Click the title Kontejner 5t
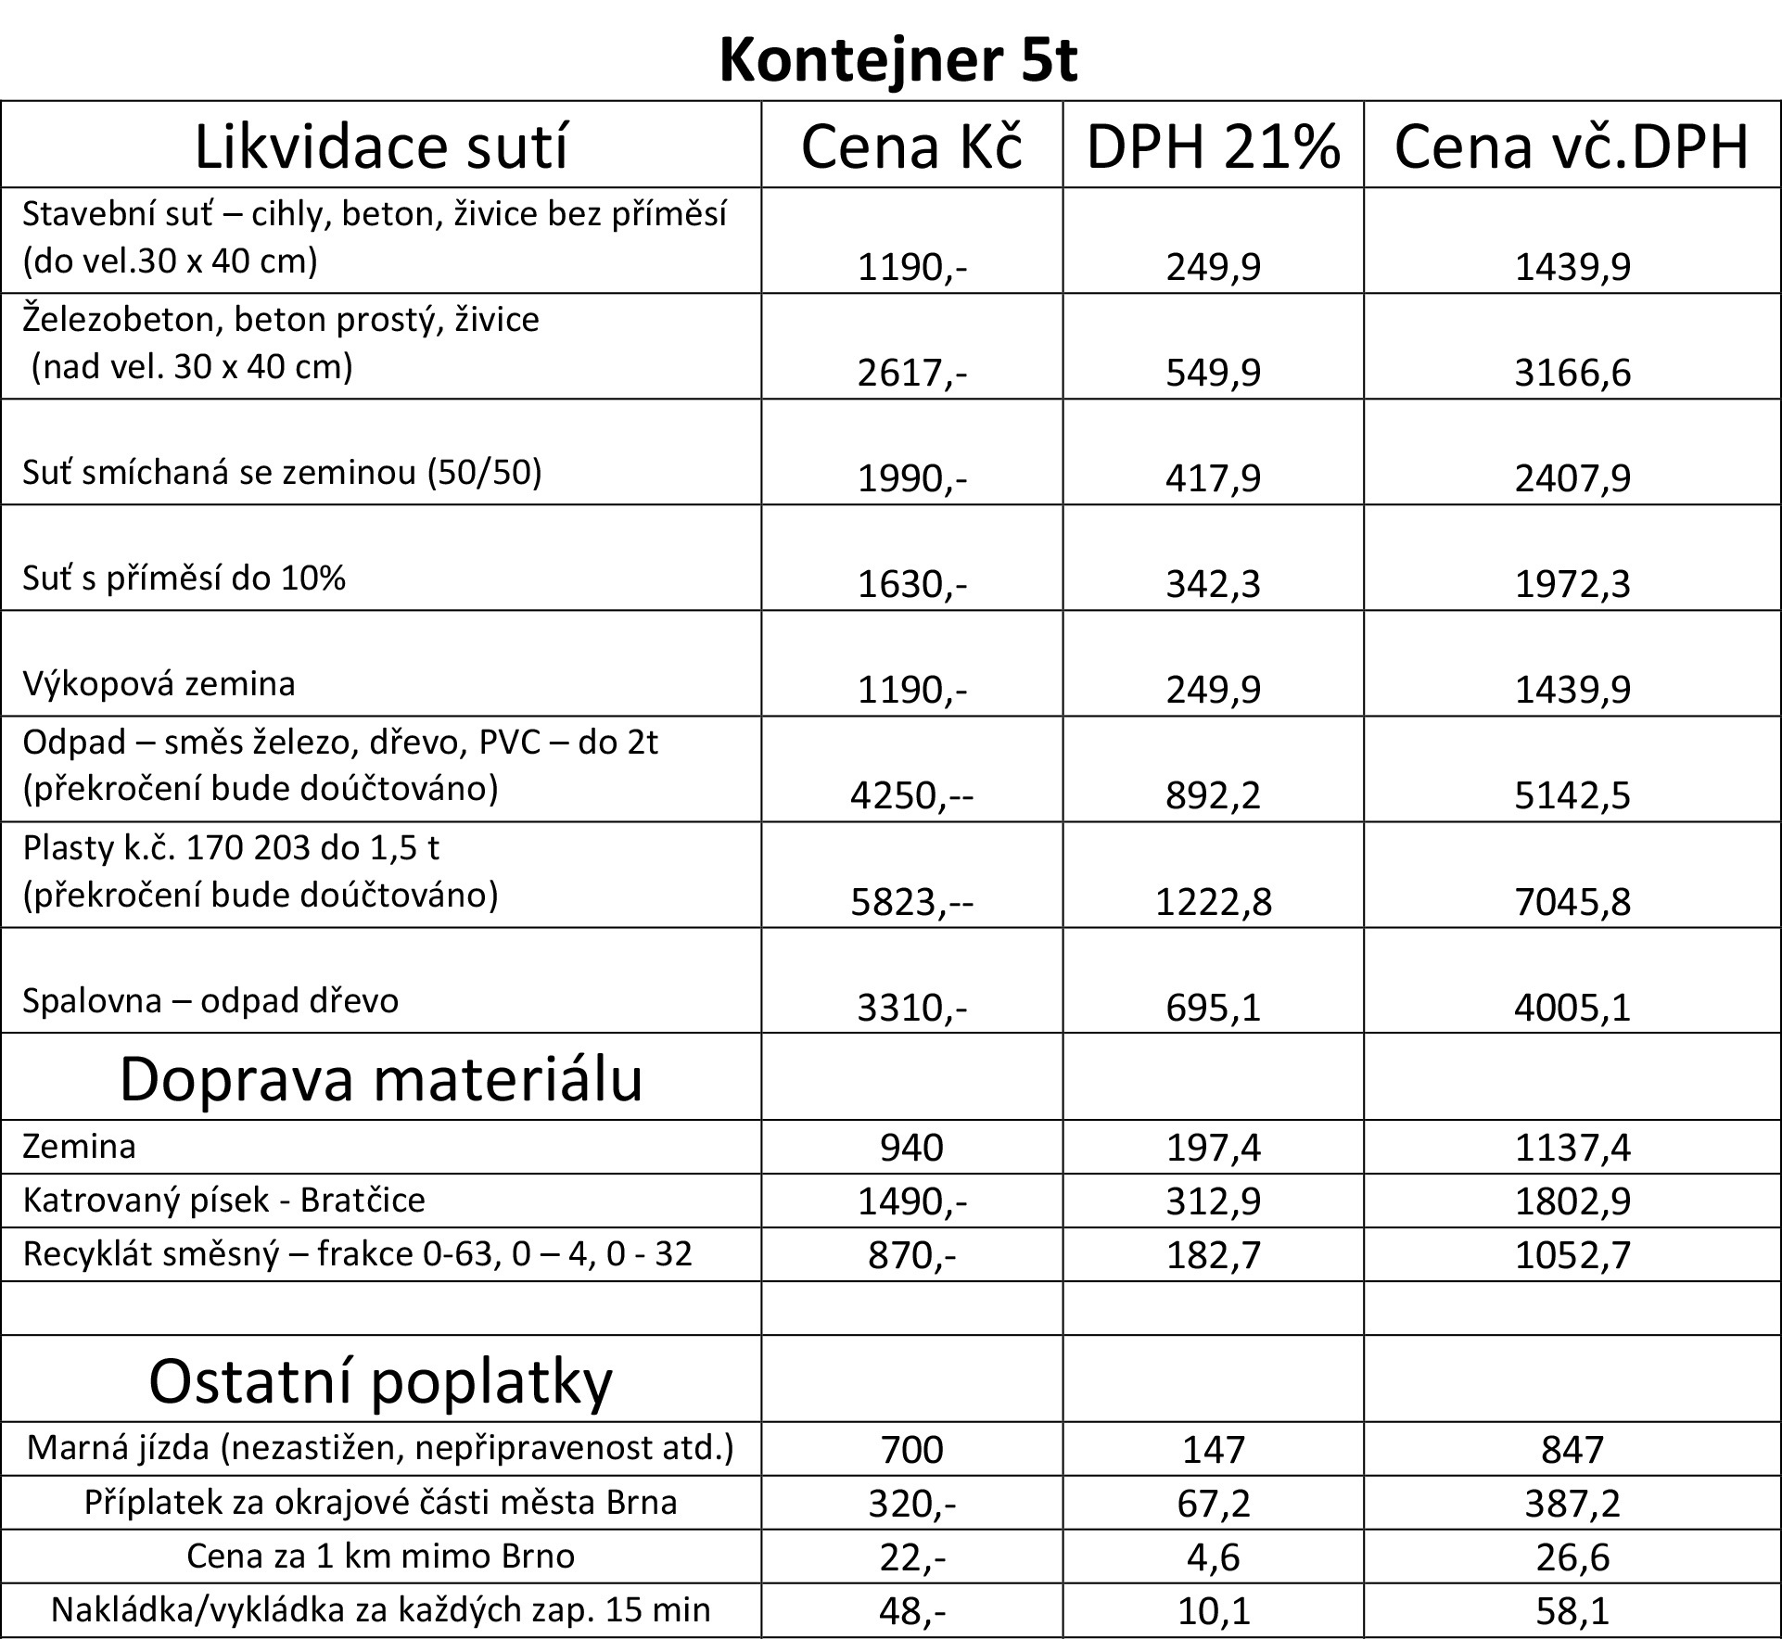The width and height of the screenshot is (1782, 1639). point(897,61)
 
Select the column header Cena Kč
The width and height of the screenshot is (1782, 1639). point(911,146)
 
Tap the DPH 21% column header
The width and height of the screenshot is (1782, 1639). point(1213,146)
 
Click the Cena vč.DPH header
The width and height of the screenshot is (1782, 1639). point(1572,146)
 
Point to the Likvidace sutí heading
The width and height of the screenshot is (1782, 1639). point(380,146)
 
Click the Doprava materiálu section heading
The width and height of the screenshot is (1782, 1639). point(380,1079)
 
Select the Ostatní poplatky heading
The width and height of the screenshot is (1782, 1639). point(380,1381)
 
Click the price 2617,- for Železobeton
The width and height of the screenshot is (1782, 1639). point(911,373)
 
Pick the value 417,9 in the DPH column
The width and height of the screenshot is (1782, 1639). point(1213,478)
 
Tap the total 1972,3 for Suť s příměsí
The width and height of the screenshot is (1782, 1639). point(1572,584)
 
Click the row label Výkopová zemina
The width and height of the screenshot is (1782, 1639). point(159,684)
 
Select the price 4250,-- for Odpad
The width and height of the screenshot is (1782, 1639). point(911,795)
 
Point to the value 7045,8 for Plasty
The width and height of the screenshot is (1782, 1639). point(1572,901)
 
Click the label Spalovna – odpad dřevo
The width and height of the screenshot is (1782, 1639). point(210,1001)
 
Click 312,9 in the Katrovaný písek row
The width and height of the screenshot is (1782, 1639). point(1213,1201)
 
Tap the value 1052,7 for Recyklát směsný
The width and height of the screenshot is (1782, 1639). point(1572,1255)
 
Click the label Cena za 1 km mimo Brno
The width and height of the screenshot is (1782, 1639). point(380,1556)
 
